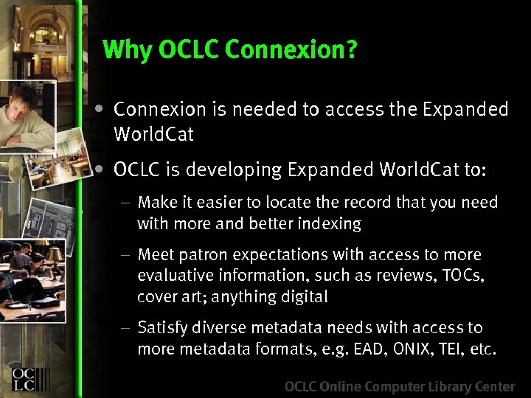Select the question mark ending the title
click(x=352, y=50)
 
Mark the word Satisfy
click(x=162, y=328)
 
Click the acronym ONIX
click(x=414, y=349)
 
